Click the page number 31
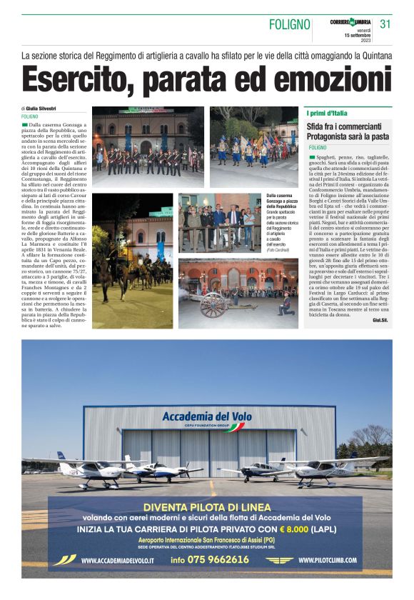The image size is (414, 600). (385, 24)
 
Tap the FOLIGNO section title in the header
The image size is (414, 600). (288, 26)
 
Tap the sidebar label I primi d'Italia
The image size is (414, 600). (328, 114)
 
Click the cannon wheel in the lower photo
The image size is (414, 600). (212, 304)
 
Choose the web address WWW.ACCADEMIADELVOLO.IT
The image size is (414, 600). (117, 561)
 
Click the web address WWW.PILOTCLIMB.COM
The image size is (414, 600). (335, 561)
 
